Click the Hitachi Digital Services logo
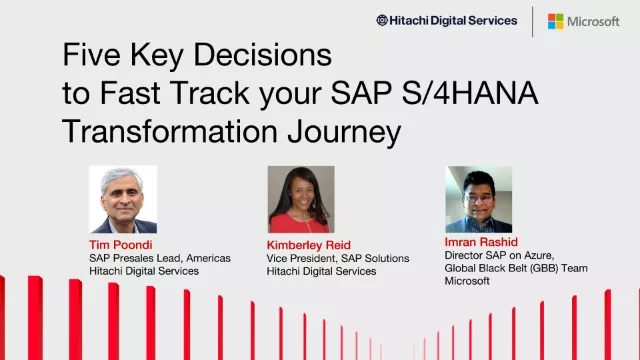click(x=446, y=20)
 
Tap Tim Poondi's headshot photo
click(x=123, y=200)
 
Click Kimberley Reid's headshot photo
click(x=300, y=200)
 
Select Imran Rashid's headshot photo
click(x=478, y=199)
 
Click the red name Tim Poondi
click(x=119, y=244)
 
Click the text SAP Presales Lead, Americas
click(x=159, y=258)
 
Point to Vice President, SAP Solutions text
click(x=337, y=258)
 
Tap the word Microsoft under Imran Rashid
click(x=467, y=281)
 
